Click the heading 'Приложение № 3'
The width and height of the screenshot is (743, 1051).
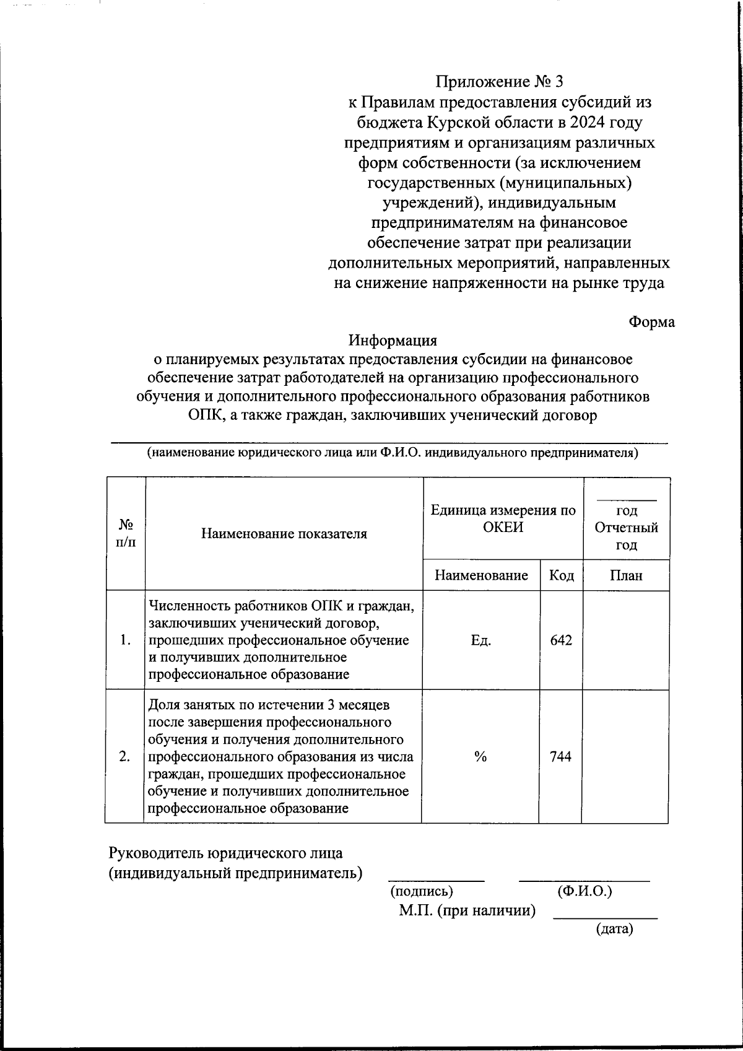(500, 82)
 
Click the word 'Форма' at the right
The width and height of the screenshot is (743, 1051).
(651, 322)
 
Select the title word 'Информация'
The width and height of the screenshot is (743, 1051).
(393, 341)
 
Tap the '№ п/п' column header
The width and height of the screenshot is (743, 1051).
(126, 533)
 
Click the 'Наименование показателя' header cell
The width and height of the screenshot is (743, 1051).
(284, 533)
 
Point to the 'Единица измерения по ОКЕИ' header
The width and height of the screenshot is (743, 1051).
(503, 519)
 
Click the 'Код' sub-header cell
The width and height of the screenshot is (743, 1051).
(561, 575)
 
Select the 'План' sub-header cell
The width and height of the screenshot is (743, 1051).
(626, 575)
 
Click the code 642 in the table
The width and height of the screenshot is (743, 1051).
(561, 640)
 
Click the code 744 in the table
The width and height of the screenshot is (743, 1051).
(560, 756)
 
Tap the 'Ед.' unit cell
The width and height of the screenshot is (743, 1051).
(480, 640)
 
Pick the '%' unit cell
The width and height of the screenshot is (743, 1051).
(480, 756)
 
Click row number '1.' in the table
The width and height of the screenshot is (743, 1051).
(126, 640)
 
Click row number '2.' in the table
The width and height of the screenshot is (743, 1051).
(125, 756)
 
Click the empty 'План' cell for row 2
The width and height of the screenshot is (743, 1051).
(625, 756)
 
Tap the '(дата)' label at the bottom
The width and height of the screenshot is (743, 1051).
(614, 929)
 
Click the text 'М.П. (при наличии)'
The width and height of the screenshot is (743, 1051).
(467, 910)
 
